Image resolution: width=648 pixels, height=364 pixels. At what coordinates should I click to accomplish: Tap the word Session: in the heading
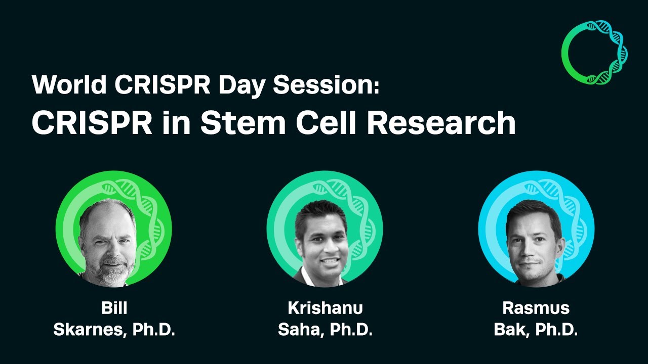point(326,84)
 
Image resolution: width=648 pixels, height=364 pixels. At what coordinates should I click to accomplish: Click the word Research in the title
point(440,123)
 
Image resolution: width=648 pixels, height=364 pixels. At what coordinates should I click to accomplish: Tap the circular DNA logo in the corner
point(594,52)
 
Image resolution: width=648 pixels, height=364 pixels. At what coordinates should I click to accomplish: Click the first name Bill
point(114,308)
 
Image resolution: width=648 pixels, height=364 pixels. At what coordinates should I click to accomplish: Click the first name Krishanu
point(325,308)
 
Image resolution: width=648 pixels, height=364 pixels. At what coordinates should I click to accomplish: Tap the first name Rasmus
point(536,308)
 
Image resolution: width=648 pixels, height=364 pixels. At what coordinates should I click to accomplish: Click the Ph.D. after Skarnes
point(154,330)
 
